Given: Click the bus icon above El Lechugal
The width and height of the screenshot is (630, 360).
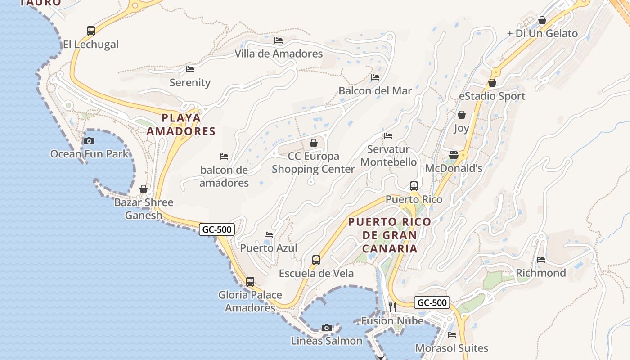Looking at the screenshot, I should tap(91, 31).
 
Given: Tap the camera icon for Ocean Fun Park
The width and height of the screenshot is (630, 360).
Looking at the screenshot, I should tap(89, 141).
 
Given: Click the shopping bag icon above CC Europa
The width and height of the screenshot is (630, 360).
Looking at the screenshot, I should tap(314, 143).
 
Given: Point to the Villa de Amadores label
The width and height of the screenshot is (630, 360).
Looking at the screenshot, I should tap(279, 54).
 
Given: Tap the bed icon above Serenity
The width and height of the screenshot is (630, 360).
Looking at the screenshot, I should tap(190, 69).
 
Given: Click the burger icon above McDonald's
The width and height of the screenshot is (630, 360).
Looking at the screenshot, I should tap(454, 155).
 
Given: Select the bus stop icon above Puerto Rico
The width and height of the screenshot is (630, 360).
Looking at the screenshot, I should tap(414, 186).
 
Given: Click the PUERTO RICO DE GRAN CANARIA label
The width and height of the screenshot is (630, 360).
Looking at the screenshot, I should tap(390, 235).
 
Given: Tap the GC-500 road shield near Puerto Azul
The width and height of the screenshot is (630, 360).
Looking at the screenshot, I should tap(217, 229).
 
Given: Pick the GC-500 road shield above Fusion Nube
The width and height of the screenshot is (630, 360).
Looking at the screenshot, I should tap(432, 302).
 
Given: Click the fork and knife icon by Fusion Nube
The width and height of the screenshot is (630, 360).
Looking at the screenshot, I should tap(392, 307).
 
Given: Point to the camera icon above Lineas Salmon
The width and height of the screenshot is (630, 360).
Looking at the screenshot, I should tap(327, 328).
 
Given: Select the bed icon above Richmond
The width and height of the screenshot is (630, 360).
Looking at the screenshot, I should tap(541, 260).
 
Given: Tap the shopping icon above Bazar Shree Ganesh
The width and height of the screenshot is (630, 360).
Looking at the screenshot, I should tap(144, 189).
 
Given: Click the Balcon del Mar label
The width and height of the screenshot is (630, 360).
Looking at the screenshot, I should tap(375, 91).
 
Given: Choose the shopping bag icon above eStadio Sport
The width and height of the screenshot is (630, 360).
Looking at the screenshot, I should tap(492, 83).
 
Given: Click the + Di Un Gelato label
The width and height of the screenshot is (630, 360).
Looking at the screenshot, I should tap(542, 33).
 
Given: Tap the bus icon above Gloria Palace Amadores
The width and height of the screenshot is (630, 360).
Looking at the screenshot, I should tap(250, 282).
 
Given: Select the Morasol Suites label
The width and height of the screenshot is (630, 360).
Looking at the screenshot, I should tap(451, 348).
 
